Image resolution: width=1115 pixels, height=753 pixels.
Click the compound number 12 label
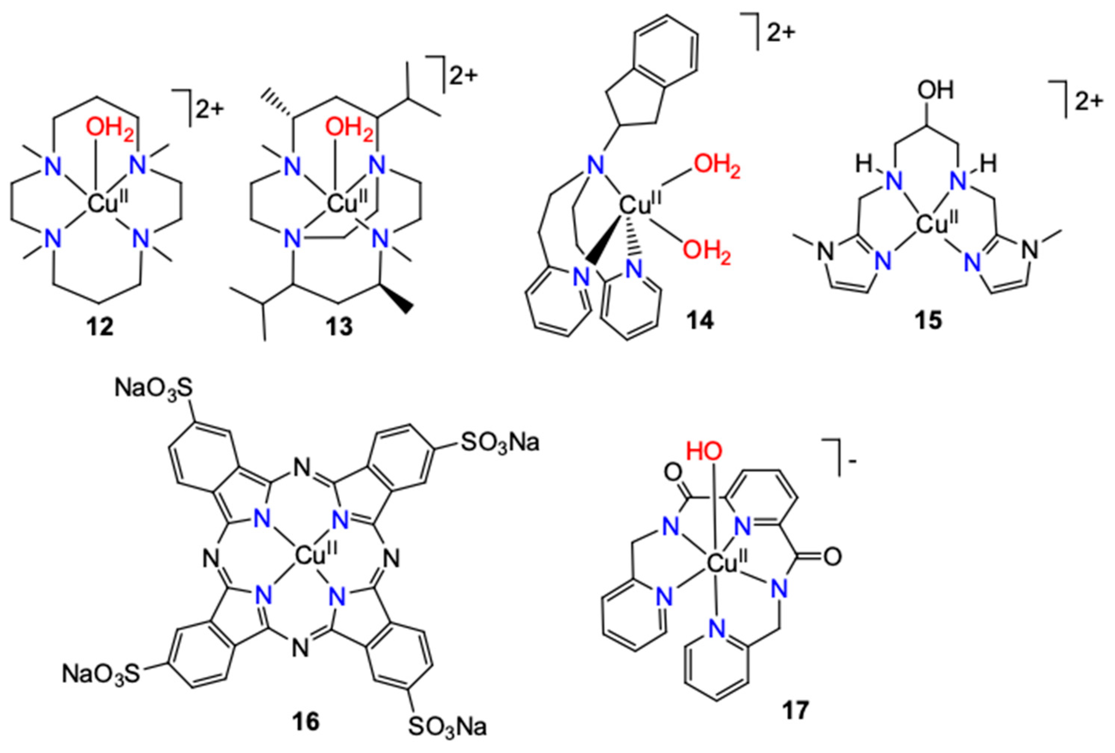pos(100,327)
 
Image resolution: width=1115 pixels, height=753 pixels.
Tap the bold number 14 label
pos(700,320)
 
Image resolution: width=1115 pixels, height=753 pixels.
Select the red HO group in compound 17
pos(704,451)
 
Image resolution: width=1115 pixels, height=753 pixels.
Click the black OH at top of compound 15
pos(935,90)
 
